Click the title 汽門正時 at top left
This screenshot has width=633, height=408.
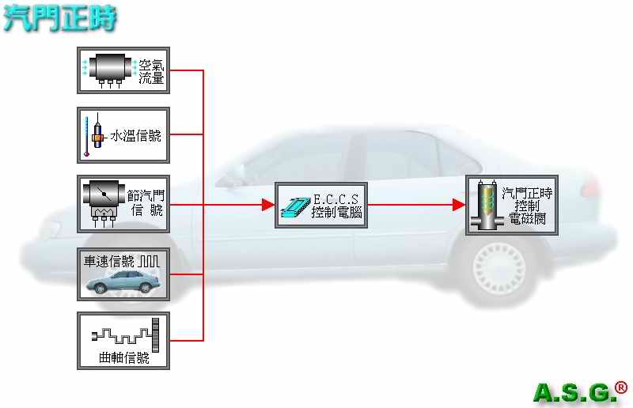pos(59,18)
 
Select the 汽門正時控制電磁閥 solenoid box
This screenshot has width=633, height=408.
pos(512,205)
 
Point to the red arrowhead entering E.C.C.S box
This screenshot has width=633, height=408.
pos(268,205)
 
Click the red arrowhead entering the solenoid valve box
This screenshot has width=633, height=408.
pos(459,205)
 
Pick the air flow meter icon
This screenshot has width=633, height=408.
pos(110,69)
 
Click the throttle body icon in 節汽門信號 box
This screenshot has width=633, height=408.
pos(104,202)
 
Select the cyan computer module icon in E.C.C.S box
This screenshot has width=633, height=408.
pos(296,206)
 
